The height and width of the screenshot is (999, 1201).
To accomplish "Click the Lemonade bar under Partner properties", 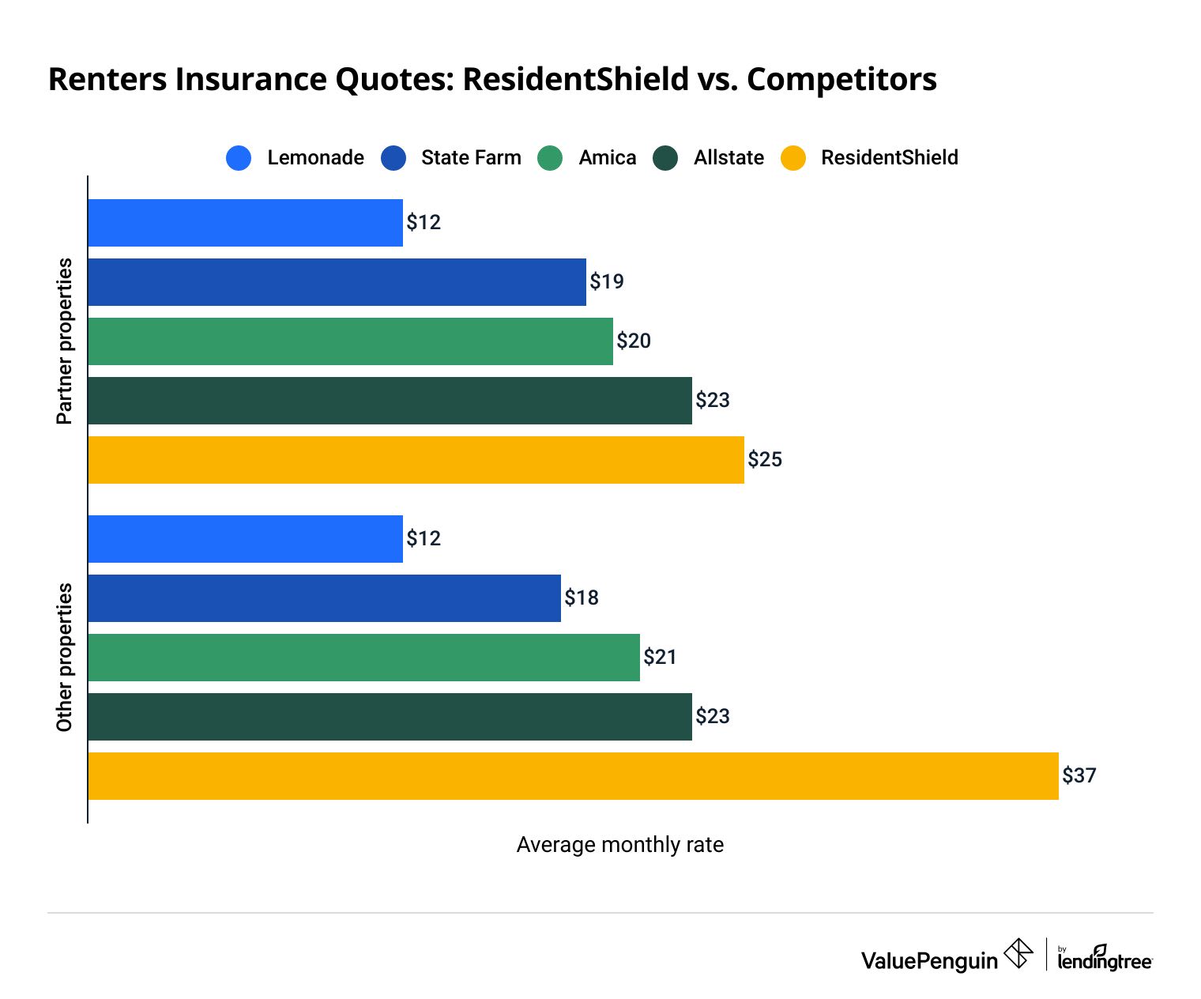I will coord(245,223).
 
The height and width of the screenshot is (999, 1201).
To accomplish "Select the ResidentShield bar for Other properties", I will coord(573,776).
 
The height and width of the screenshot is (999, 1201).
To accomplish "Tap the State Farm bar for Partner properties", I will coord(337,282).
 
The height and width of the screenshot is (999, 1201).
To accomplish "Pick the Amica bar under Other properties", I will coord(363,658).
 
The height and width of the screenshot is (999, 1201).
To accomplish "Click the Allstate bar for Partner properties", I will coord(390,401).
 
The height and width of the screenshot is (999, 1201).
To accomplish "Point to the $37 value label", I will coord(1079,775).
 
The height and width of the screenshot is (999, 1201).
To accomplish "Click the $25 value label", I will coord(765,459).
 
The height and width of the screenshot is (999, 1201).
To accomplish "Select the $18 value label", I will coord(582,598).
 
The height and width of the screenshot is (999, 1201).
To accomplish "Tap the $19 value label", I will coord(607,281).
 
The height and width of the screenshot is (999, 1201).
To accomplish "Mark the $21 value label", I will coord(660,657).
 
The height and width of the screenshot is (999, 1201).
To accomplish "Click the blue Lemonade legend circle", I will coord(239,158).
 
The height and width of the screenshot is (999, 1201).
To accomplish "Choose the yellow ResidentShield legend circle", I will coord(793,158).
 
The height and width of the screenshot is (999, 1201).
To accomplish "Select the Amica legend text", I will coord(607,158).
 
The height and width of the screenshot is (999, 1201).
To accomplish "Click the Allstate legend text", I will coord(729,158).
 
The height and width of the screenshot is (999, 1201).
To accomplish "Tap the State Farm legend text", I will coord(471,158).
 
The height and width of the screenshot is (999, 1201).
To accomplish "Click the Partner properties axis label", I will coord(64,341).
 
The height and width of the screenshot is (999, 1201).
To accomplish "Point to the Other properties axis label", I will coord(64,658).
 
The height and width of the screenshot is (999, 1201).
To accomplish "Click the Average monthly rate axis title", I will coord(619,845).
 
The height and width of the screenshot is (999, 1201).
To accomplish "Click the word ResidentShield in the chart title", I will coord(575,80).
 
